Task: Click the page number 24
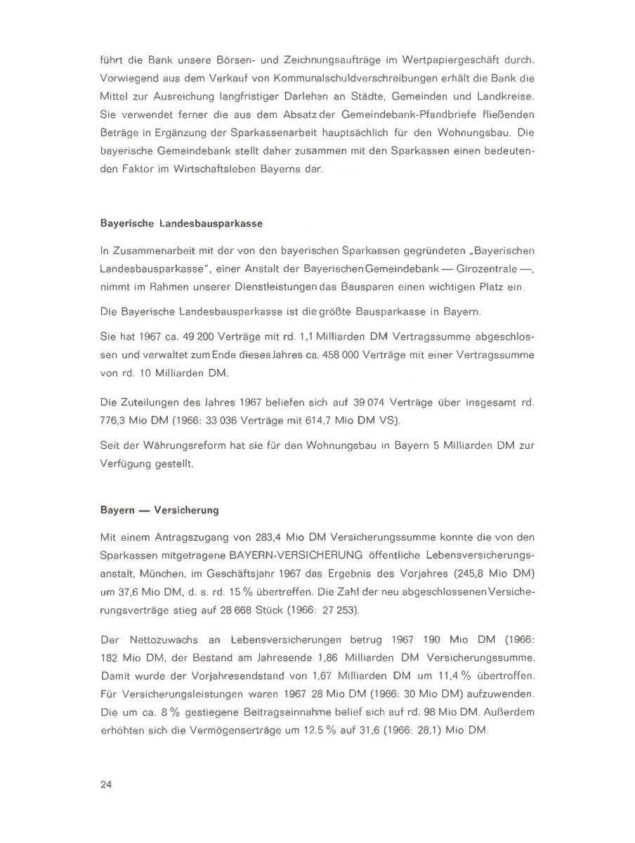107,784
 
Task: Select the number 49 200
176,337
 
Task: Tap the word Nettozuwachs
166,641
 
